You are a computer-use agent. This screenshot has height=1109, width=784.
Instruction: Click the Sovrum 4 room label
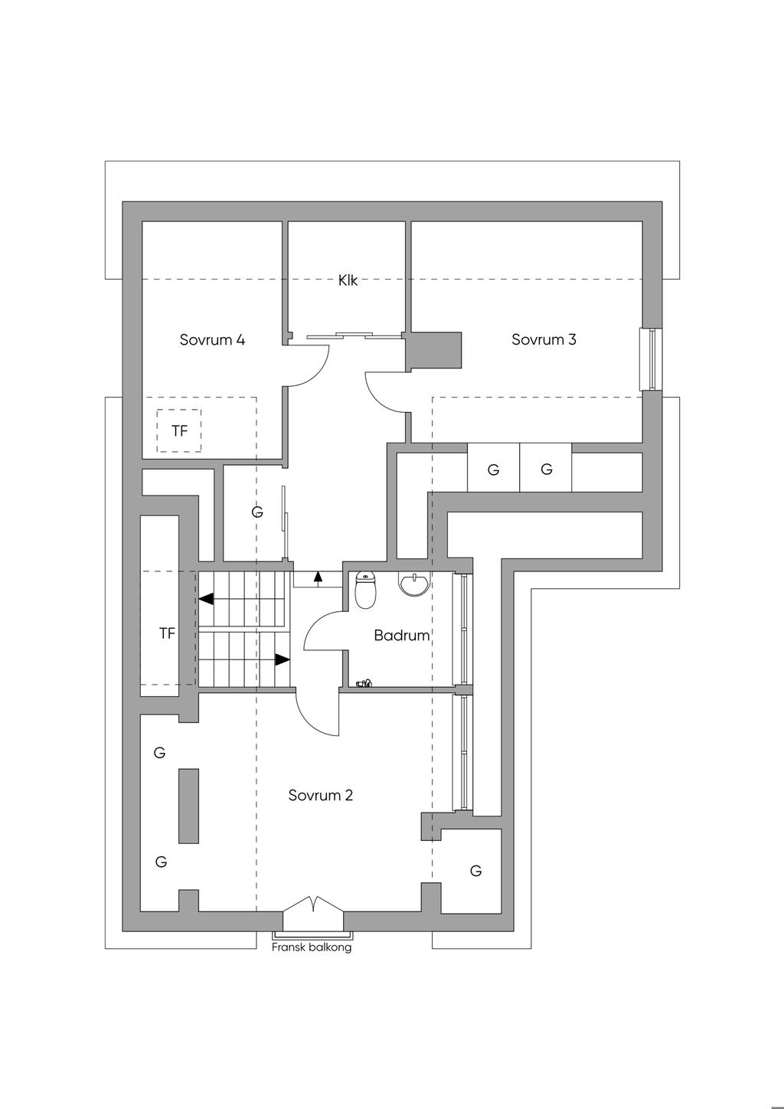(x=212, y=339)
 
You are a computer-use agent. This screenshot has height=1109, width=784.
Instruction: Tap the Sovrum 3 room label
(x=544, y=339)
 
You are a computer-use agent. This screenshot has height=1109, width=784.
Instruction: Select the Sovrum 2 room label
(x=320, y=795)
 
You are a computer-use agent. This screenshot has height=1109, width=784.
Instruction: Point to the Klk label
(x=348, y=281)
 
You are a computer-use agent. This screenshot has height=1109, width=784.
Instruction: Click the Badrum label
(x=401, y=635)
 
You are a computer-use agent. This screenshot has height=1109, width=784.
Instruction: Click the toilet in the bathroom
(x=366, y=590)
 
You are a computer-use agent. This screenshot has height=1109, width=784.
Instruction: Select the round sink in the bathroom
(x=414, y=584)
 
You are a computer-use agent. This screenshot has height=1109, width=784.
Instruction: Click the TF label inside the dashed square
(x=180, y=430)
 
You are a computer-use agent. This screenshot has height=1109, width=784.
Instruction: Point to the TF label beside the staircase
(x=168, y=633)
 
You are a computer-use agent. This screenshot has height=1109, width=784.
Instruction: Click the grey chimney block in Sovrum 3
(x=434, y=351)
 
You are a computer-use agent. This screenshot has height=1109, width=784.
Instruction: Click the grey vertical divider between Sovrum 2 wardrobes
(x=188, y=806)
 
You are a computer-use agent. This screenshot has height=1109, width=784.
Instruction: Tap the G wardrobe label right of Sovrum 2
(x=475, y=871)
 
